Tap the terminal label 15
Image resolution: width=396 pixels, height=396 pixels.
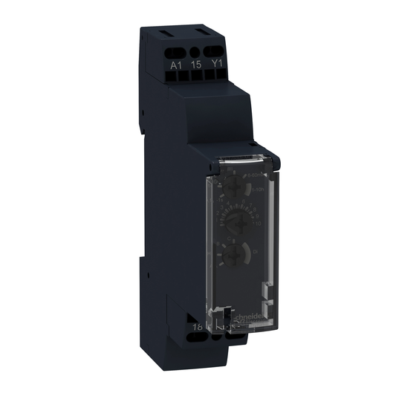196,65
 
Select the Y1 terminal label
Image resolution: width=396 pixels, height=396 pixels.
218,65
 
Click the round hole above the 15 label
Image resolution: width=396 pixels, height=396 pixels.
196,52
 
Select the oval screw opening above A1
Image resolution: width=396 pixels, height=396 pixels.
176,51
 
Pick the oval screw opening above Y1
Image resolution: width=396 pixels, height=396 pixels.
218,51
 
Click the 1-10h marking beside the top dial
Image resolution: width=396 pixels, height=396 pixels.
257,191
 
